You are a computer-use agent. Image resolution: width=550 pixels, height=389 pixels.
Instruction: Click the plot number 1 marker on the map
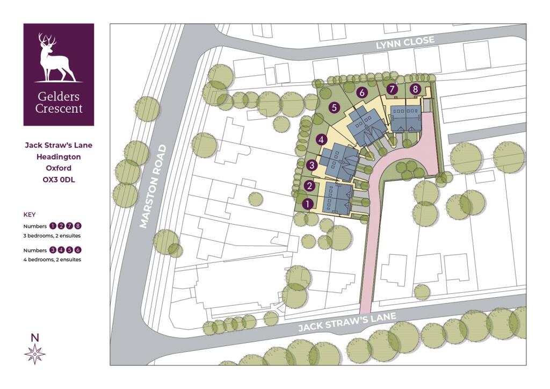coord(307,204)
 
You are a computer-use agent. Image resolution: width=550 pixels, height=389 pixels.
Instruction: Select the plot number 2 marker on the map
coord(309,186)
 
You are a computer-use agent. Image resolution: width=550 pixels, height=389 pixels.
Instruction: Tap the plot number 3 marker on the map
coord(312,165)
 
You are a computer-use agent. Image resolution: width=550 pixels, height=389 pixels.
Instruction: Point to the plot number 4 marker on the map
coord(321,140)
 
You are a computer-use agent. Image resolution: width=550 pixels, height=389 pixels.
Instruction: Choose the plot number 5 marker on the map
coord(334,107)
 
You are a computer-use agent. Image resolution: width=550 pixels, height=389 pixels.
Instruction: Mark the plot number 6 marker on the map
coord(362,92)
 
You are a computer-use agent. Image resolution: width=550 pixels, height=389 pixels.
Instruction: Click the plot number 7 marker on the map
coord(392,89)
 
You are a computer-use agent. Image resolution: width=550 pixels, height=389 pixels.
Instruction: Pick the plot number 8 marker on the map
coord(415,89)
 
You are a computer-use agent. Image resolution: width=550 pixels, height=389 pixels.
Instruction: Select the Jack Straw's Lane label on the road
coord(347,322)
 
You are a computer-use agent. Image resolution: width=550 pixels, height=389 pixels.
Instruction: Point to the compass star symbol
coord(35,354)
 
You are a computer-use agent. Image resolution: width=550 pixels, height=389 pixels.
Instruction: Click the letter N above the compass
coord(35,337)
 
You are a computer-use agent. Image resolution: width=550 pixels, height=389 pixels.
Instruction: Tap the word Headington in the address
coord(59,157)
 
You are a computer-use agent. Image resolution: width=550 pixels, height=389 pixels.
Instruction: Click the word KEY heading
coord(30,214)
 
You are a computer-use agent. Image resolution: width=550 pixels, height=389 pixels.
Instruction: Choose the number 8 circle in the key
coord(78,226)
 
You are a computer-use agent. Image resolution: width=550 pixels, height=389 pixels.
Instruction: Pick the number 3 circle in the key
coord(53,250)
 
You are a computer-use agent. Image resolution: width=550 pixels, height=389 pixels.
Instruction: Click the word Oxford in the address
coord(59,168)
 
